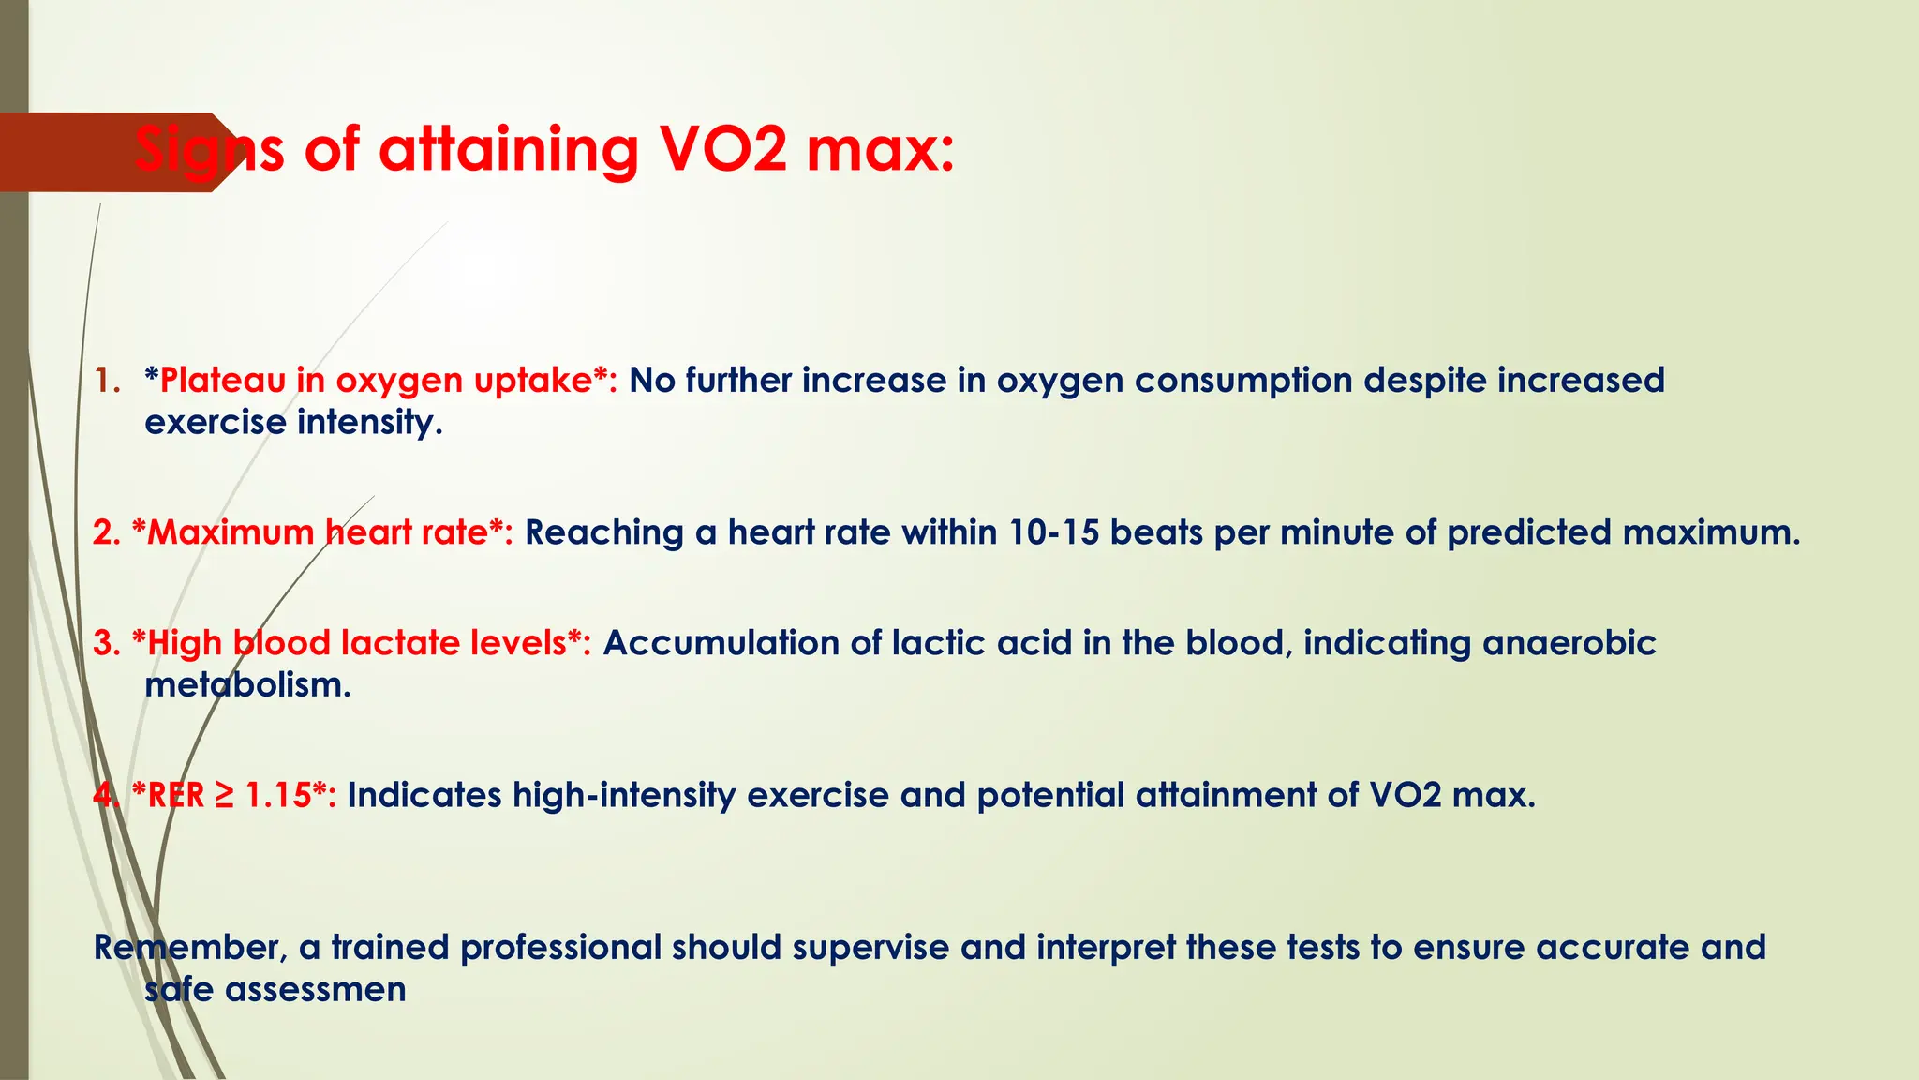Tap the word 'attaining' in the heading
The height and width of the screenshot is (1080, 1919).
click(x=509, y=150)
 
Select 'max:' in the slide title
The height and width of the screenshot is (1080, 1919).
click(x=881, y=150)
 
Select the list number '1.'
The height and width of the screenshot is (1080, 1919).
click(x=108, y=381)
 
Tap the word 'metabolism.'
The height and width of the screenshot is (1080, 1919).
click(x=247, y=685)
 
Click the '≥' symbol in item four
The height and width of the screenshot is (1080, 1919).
click(x=224, y=795)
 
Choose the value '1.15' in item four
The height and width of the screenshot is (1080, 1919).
click(x=278, y=795)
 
